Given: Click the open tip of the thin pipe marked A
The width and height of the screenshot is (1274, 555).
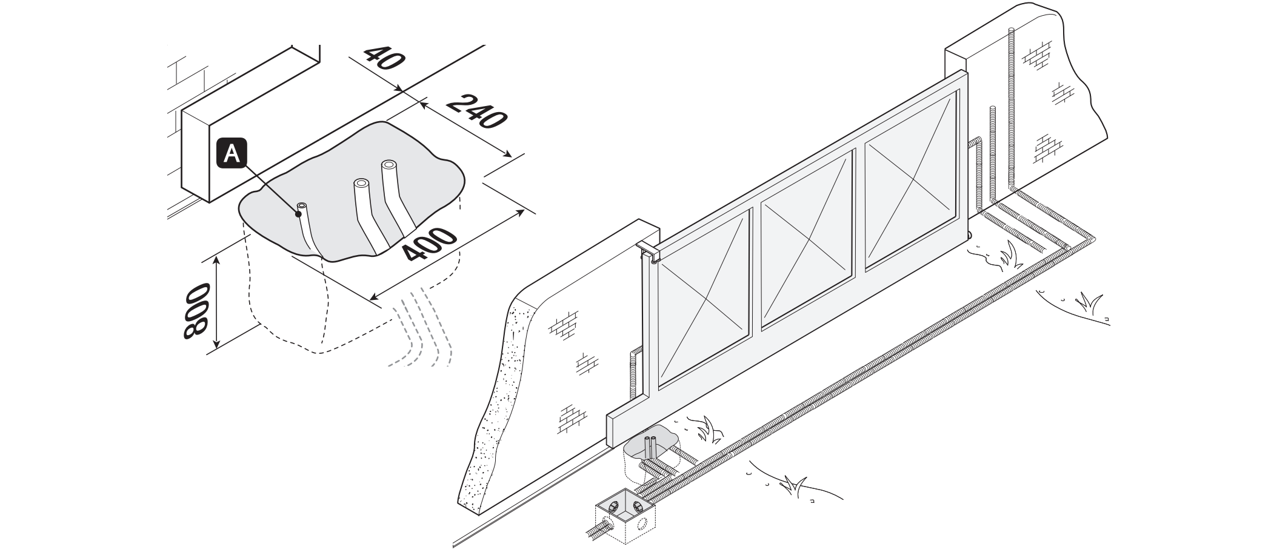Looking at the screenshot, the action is (302, 207).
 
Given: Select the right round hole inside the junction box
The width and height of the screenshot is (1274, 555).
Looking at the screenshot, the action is (638, 507).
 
